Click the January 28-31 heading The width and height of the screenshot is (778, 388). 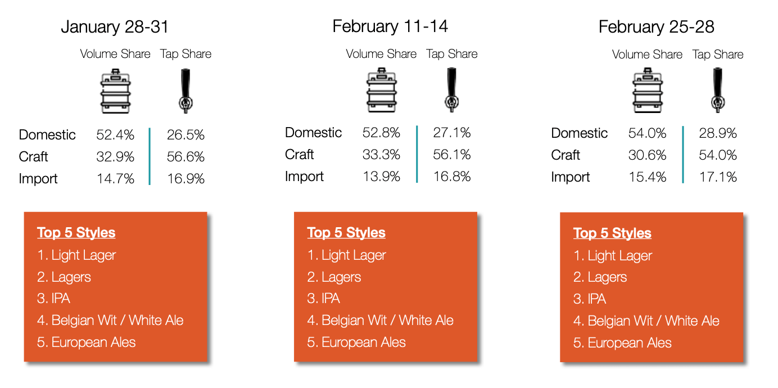pos(115,27)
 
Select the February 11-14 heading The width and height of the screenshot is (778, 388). pos(390,26)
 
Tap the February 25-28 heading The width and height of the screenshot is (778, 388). pos(656,27)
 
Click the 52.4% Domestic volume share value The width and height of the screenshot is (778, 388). pos(115,135)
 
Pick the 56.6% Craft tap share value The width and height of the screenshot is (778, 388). pos(186,157)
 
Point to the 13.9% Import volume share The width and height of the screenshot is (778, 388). pos(381,177)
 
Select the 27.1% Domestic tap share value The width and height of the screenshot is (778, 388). pos(451,133)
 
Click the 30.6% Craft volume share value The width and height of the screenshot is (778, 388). pos(647,155)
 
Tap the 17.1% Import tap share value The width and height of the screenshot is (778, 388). pos(718,177)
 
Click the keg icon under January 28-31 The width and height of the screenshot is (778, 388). pos(115,91)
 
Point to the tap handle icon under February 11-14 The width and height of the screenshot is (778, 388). pos(451,90)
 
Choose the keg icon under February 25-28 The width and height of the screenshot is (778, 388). pos(648,91)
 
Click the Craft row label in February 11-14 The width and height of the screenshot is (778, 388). pos(300,155)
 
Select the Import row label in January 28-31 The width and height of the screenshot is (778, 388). pos(38,179)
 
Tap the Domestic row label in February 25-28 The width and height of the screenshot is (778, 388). pos(579,133)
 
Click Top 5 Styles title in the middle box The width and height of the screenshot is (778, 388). pos(346,232)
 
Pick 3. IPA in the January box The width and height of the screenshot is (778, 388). pos(53,299)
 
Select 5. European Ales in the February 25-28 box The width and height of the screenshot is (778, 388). pos(622,343)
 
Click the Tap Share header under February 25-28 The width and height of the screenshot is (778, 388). pos(717,55)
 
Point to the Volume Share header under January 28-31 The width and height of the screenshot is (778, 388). pos(115,54)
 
